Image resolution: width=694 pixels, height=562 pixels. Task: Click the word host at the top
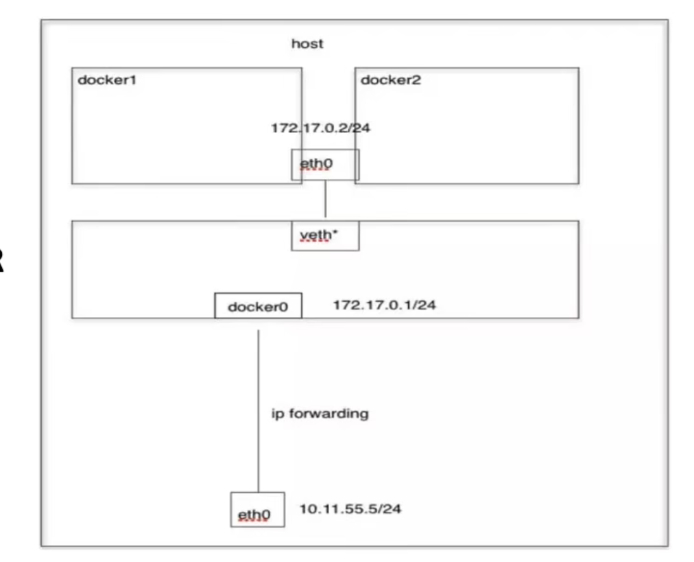307,45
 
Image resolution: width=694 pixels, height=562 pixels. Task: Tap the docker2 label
391,80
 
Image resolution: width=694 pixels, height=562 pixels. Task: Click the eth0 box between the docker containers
324,165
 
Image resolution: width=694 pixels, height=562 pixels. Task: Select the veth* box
324,235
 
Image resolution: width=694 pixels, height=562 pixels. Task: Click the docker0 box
258,306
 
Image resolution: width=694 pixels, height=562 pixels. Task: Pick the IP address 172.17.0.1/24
384,305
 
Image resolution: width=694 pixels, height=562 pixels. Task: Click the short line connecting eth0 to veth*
325,200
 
